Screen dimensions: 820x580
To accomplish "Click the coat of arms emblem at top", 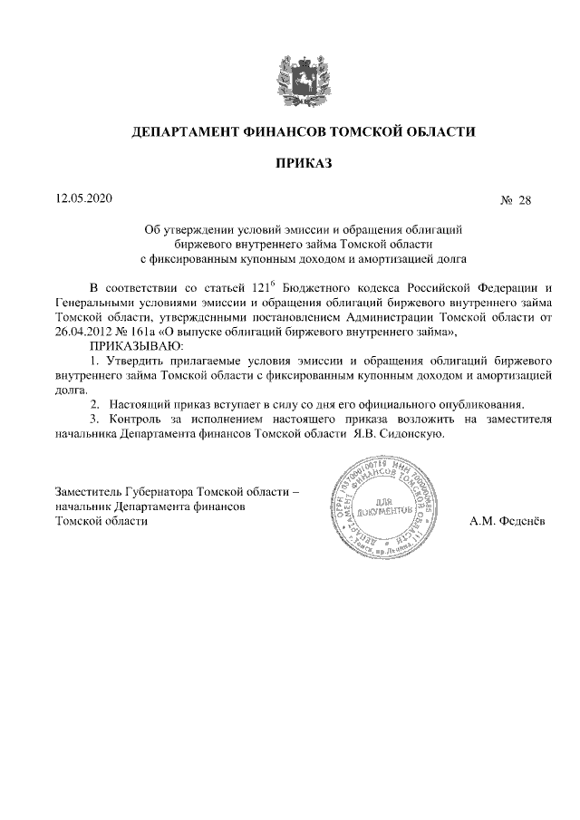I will coord(291,70).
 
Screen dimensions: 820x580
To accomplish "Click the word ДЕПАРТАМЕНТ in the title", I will coord(184,131).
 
